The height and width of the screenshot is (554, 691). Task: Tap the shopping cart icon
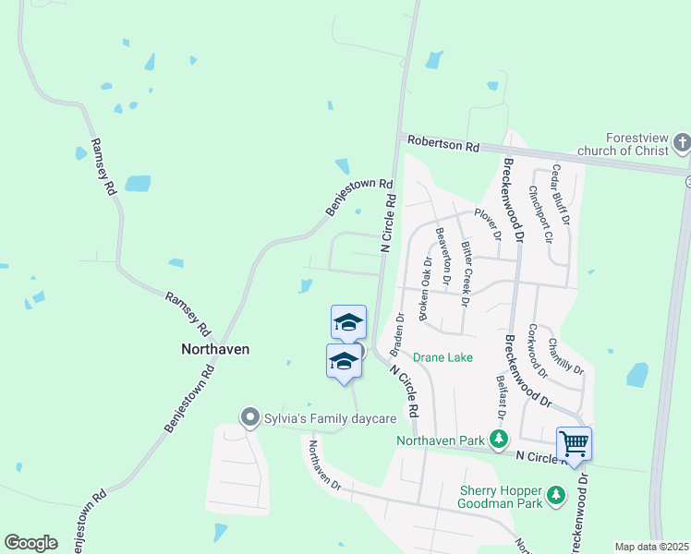574,444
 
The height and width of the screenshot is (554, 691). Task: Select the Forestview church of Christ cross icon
682,142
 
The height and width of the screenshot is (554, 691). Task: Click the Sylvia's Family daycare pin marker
249,418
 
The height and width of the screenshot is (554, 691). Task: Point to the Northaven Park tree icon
500,441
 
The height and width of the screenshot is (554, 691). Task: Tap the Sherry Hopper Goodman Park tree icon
555,497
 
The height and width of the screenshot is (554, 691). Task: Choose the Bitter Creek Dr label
467,273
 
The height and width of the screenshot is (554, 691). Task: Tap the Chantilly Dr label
566,355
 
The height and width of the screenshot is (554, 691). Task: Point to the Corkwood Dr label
538,351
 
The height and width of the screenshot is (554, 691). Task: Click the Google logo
30,543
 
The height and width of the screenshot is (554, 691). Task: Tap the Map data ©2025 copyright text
650,547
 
